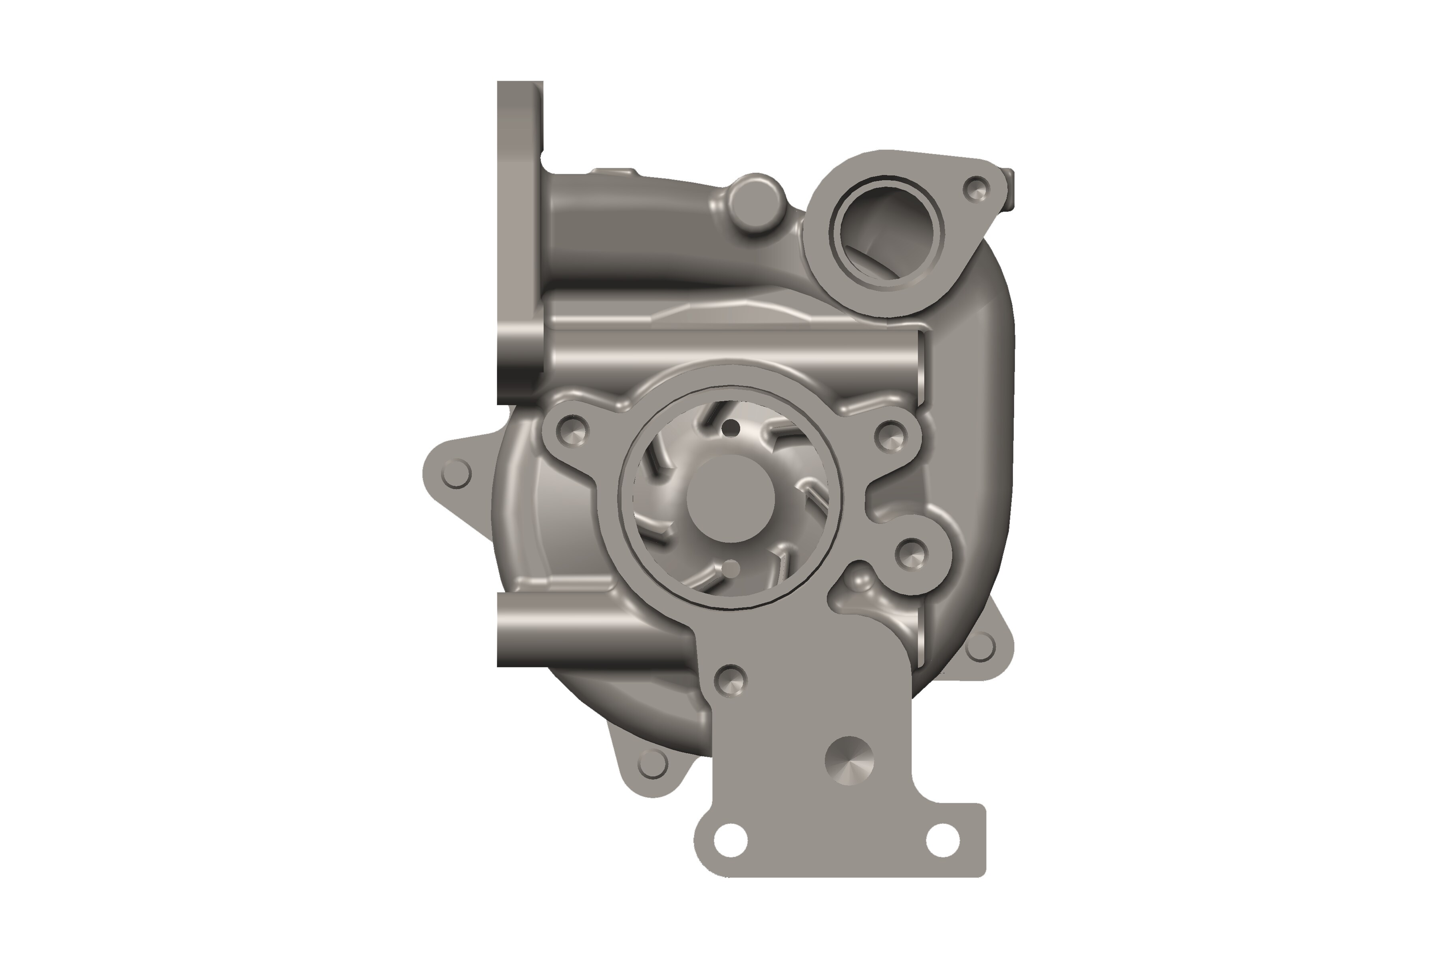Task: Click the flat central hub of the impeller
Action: click(x=731, y=498)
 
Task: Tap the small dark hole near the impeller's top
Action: click(x=729, y=428)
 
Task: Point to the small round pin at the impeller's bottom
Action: click(x=731, y=569)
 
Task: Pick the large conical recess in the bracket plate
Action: click(x=849, y=760)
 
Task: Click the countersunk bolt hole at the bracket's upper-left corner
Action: click(x=730, y=679)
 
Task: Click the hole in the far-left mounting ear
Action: click(x=455, y=474)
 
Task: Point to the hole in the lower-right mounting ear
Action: click(x=981, y=647)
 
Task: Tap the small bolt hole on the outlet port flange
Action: click(x=976, y=189)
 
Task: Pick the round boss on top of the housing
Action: click(x=756, y=204)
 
